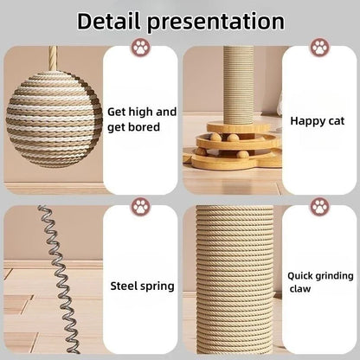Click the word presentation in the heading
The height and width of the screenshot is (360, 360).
[x=220, y=20]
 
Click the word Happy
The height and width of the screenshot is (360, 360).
[x=305, y=121]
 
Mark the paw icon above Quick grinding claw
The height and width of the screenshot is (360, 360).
[x=318, y=207]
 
